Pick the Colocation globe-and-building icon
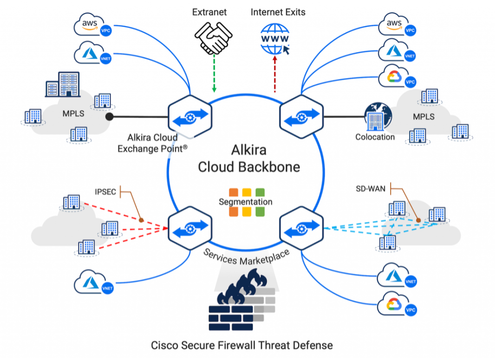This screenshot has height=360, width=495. [377, 116]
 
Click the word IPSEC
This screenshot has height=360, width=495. [105, 192]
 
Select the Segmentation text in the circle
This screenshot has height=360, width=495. [246, 202]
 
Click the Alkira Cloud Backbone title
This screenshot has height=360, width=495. [248, 158]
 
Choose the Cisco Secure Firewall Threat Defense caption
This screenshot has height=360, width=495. [242, 345]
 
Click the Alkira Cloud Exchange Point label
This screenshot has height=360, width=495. [151, 143]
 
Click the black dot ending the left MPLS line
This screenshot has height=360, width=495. [110, 116]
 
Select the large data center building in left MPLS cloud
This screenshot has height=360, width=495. [58, 86]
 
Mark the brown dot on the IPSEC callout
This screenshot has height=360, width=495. [141, 220]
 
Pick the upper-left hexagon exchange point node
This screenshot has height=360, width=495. [189, 116]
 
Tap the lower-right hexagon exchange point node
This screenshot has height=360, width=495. [302, 227]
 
